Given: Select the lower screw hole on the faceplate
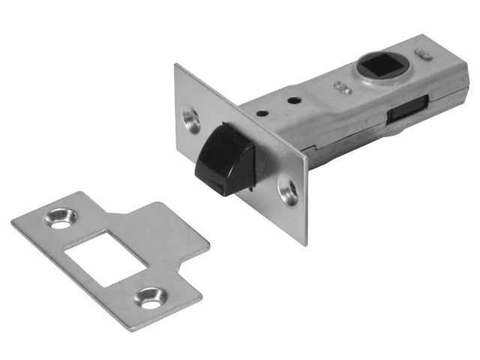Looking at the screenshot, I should (288, 190).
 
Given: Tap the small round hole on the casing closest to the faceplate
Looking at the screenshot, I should (263, 114).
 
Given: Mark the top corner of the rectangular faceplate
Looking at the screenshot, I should (177, 65).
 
